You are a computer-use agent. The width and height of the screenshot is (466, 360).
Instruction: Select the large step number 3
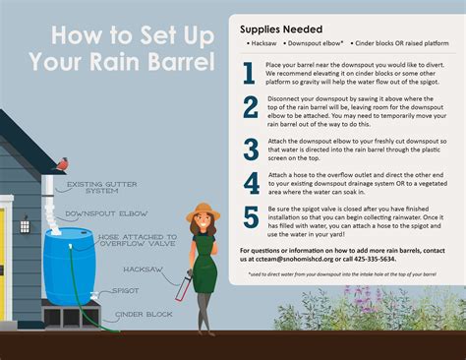click(250, 148)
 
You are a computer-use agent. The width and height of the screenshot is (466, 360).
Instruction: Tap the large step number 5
click(250, 217)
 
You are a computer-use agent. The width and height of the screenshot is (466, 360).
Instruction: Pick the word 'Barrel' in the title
click(178, 62)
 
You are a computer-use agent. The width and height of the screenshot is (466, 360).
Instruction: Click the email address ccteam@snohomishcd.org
click(288, 259)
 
